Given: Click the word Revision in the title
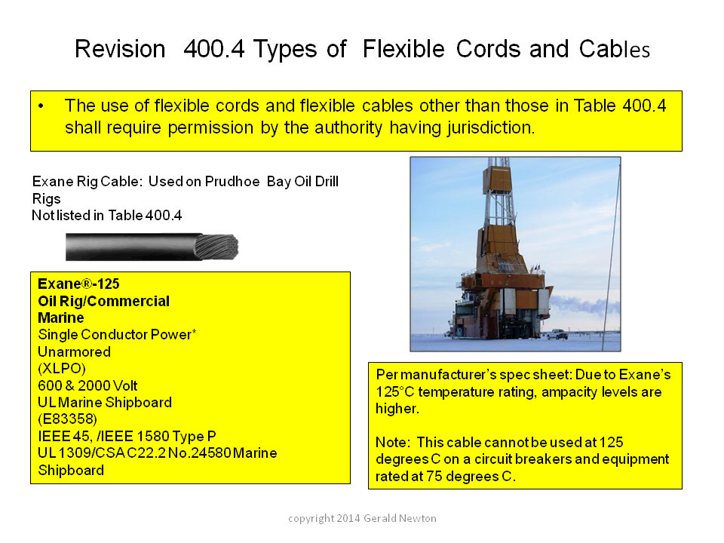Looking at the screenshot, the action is pos(120,49).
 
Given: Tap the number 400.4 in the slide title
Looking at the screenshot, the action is pos(213,49).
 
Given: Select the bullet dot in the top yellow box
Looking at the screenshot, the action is pos(41,106).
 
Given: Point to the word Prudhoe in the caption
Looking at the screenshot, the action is pos(232,182).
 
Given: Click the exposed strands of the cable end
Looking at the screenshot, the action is pos(216,247).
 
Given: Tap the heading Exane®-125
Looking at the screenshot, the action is pos(78,284).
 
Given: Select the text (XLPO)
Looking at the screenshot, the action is pos(62,369).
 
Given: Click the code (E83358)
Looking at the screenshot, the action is pos(67,419).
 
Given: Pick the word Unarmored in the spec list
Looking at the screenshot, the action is pos(75,352).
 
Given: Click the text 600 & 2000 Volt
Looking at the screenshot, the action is pos(87,385).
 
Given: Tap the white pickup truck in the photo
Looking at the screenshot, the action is pos(557,334).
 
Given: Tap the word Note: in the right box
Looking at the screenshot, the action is pos(393,443).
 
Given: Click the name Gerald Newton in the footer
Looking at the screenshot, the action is pos(400,519).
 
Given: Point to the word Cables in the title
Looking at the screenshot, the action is pos(615,49).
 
